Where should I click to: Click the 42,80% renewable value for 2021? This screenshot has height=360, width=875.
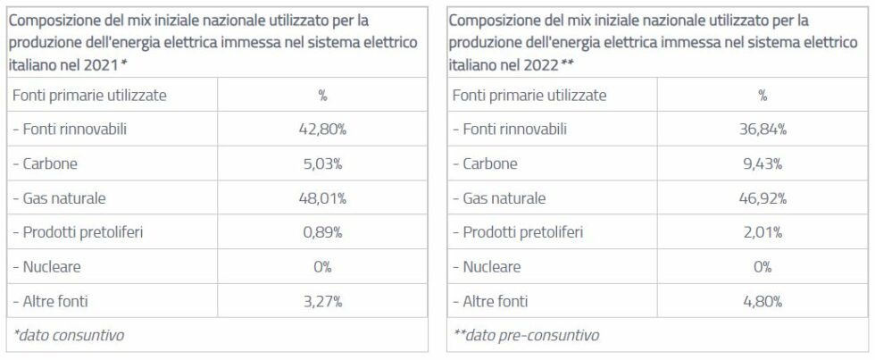pyautogui.click(x=322, y=130)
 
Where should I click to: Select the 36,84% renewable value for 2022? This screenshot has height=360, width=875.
pyautogui.click(x=762, y=130)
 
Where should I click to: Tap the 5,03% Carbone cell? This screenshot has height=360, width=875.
pyautogui.click(x=322, y=164)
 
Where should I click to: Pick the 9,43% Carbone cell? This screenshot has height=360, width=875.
pyautogui.click(x=762, y=164)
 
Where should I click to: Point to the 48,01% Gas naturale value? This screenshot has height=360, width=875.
pyautogui.click(x=322, y=198)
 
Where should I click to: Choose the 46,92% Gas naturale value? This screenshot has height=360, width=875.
pyautogui.click(x=762, y=198)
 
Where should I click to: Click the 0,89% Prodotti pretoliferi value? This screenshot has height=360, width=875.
pyautogui.click(x=322, y=233)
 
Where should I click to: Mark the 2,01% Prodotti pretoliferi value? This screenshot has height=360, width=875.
pyautogui.click(x=762, y=233)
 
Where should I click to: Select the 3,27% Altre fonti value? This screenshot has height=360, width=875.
pyautogui.click(x=322, y=302)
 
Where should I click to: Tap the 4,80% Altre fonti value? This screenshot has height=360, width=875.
pyautogui.click(x=762, y=302)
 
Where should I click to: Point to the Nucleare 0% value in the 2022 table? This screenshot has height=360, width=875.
pyautogui.click(x=762, y=267)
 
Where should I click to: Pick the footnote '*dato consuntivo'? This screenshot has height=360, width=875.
pyautogui.click(x=69, y=335)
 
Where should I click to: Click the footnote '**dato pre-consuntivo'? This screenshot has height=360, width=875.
pyautogui.click(x=526, y=335)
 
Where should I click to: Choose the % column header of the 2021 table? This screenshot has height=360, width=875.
pyautogui.click(x=322, y=96)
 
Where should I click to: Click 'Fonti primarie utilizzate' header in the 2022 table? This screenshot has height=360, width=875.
pyautogui.click(x=529, y=95)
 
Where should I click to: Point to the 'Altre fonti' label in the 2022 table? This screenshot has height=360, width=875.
pyautogui.click(x=490, y=302)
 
